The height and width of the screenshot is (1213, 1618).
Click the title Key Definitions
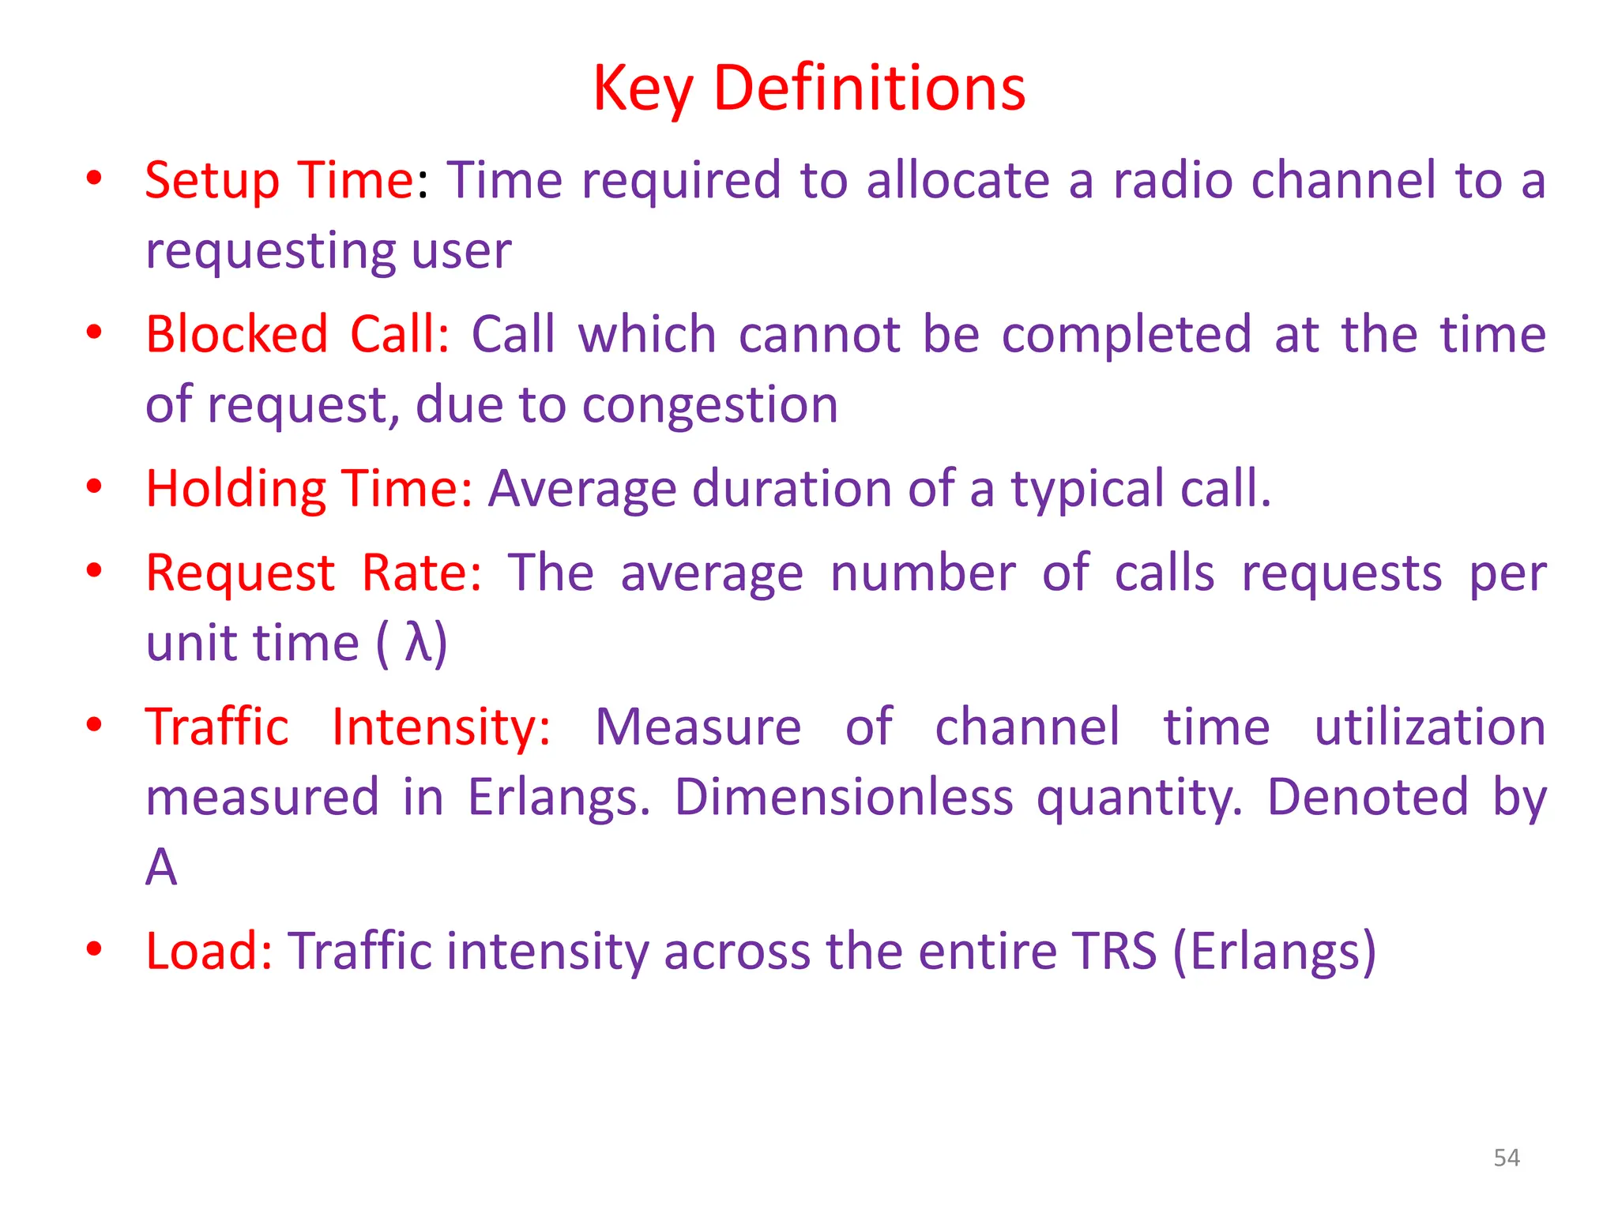pos(809,88)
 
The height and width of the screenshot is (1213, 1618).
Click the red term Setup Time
pos(280,180)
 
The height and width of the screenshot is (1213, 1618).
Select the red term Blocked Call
pos(297,334)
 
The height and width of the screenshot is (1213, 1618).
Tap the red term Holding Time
pos(309,488)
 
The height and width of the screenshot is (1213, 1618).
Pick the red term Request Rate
pos(313,573)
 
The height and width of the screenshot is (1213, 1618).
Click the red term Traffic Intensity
pos(348,727)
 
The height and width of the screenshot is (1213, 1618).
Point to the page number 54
pos(1506,1158)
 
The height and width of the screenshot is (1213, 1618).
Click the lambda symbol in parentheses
pos(418,642)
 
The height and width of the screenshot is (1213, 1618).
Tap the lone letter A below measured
pos(161,867)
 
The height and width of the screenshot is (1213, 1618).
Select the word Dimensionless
pos(843,797)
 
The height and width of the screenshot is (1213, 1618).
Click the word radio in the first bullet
pos(1172,180)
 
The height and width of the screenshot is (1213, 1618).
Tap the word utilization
pos(1429,727)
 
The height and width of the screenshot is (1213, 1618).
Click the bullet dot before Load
pos(94,949)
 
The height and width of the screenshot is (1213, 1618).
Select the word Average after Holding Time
pos(581,488)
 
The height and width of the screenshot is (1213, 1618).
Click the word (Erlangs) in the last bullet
pos(1274,951)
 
